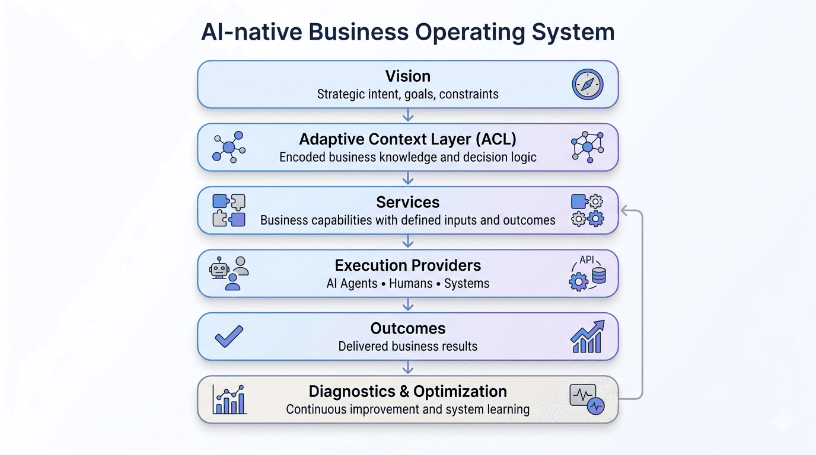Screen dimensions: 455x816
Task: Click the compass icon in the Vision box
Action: (587, 84)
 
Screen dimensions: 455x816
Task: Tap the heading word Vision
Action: (407, 76)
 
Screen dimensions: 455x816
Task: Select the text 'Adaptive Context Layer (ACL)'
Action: (407, 139)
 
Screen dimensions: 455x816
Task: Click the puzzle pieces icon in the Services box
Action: (229, 210)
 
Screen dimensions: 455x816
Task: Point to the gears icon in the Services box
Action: (587, 210)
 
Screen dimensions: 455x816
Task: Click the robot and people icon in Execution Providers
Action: (229, 273)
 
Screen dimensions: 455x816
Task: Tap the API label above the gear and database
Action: (586, 259)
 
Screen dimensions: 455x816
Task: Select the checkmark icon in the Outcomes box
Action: (229, 336)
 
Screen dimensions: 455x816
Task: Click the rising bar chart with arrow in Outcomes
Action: (587, 336)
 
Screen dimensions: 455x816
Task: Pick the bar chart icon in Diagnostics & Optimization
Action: (229, 399)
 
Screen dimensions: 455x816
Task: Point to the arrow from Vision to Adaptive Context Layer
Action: (407, 116)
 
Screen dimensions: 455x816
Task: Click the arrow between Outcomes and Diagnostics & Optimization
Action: (407, 367)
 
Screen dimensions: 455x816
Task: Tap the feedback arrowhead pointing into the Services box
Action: (624, 210)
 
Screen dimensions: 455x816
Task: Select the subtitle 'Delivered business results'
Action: (407, 346)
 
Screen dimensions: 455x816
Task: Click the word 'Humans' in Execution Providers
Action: (410, 283)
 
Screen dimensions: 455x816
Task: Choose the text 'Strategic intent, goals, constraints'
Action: (407, 94)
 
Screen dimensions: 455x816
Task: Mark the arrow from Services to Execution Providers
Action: (407, 242)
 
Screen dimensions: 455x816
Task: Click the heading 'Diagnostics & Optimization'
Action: (407, 392)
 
